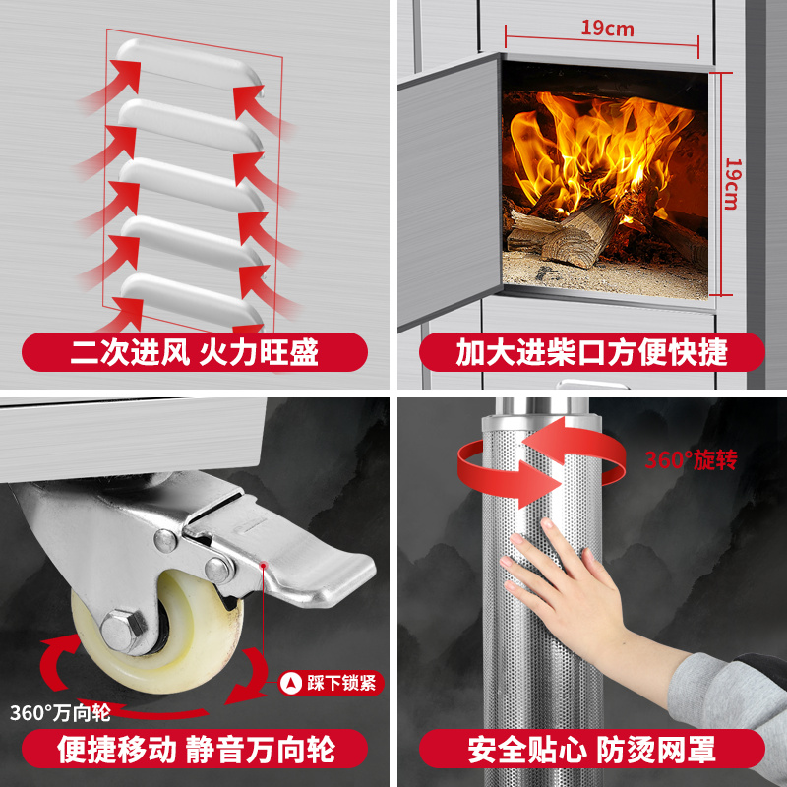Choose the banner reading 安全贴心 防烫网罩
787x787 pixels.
point(591,749)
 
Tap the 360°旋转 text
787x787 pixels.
point(690,460)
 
